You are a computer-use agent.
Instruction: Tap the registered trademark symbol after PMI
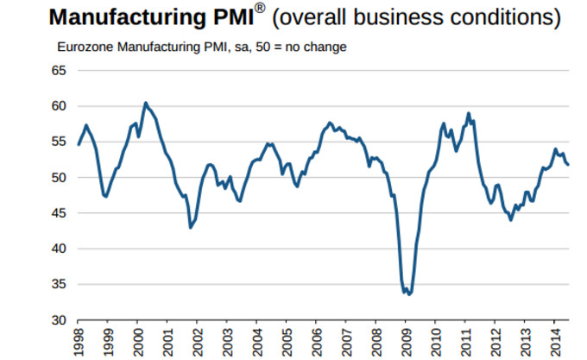260,9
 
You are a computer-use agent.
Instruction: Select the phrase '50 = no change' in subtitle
306,47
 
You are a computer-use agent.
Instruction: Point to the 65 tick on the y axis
60,71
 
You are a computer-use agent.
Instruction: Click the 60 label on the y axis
60,106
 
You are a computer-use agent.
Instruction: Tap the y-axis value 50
60,178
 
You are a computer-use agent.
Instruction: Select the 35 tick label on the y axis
60,284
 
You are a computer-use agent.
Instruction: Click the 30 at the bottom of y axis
60,320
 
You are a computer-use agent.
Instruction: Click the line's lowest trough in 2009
408,294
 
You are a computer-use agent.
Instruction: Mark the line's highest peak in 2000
145,103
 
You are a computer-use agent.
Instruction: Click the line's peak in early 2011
468,113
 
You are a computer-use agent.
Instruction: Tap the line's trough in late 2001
190,227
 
